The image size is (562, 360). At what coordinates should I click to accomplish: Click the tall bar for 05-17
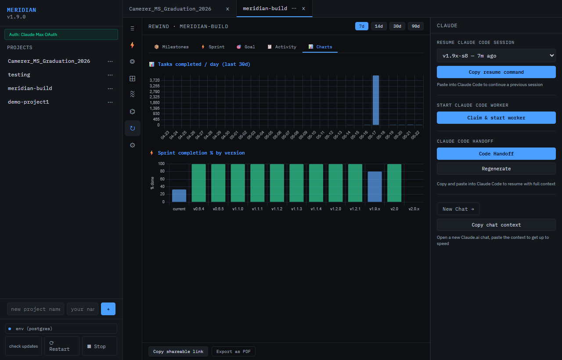(375, 100)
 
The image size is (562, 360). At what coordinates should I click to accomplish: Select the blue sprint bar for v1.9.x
(375, 187)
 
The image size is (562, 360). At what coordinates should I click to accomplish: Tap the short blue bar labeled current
(179, 195)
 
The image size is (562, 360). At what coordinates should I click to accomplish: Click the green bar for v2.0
(394, 183)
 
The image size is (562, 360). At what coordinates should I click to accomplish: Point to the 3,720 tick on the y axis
(155, 80)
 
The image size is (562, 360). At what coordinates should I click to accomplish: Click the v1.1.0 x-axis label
(238, 209)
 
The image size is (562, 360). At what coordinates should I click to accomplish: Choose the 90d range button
(415, 26)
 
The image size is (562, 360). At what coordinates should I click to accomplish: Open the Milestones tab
(172, 47)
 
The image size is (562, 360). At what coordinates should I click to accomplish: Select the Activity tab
(282, 47)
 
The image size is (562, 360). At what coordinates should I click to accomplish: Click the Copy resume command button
(496, 72)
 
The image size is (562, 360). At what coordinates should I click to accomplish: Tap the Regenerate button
(496, 169)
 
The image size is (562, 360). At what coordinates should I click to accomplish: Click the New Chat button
(458, 209)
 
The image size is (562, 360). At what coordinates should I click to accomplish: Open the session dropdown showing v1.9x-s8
(496, 56)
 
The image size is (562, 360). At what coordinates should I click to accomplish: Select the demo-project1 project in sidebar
(29, 102)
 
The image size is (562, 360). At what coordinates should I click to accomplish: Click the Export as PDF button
(233, 352)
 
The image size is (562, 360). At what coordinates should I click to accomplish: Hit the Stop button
(99, 346)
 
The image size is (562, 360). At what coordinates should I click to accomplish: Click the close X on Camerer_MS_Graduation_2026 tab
(227, 9)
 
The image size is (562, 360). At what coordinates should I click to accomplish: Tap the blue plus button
(108, 309)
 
